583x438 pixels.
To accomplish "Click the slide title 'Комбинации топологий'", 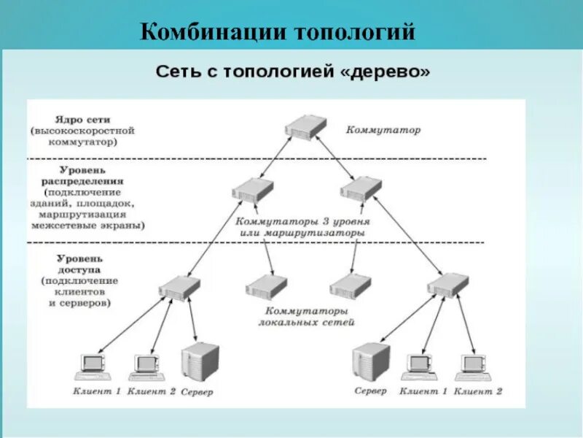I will tap(278, 32).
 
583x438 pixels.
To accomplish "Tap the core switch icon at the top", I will tap(305, 126).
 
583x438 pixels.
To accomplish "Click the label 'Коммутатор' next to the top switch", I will tap(383, 130).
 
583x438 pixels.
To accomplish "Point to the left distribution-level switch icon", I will tap(252, 190).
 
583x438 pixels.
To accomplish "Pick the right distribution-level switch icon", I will tap(361, 189).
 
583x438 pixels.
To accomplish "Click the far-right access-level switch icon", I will tap(447, 284).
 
